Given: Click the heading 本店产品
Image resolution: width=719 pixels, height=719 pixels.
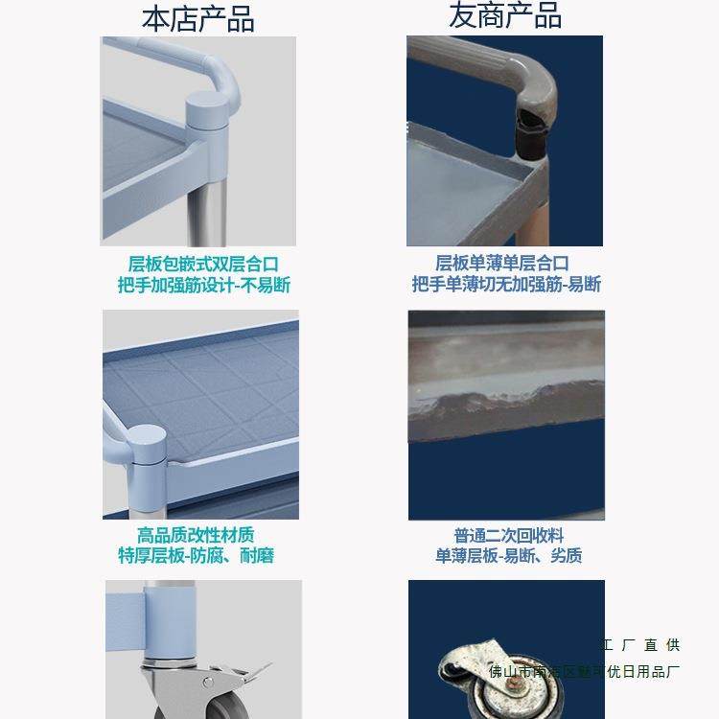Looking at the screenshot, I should pos(198,17).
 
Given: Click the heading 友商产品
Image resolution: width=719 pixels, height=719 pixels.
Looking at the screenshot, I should pos(505,15).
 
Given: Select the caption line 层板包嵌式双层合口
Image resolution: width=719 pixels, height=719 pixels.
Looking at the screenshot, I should pos(203,264).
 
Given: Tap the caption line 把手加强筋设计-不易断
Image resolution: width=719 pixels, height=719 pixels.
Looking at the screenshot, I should pos(203,286).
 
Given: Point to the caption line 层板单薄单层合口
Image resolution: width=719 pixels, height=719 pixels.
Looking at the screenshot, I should pos(502,264).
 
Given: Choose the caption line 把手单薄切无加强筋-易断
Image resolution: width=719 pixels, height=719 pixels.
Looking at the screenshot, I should pos(506,285).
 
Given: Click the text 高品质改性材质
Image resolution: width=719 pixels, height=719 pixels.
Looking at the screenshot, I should pos(196,535).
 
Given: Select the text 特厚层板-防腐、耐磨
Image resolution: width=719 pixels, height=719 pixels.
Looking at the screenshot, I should pos(196,556).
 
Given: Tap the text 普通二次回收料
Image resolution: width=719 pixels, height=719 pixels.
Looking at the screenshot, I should pos(508,535).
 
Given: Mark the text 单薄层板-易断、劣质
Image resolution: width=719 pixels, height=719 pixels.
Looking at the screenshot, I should pos(508,556).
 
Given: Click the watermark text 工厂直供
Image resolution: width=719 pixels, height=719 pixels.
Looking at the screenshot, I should pos(641,645).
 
